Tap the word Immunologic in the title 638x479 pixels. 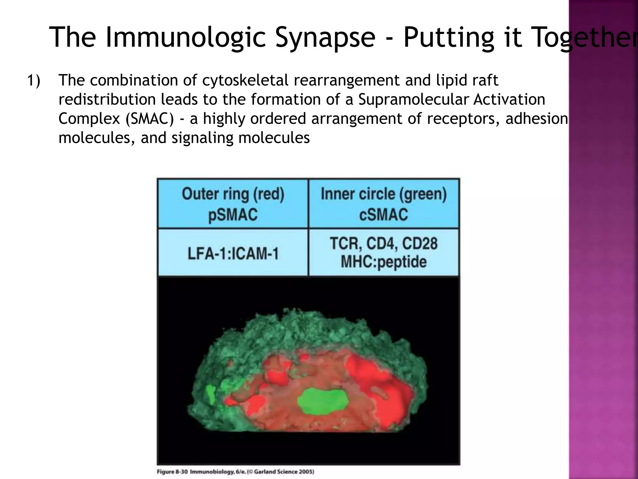click(186, 38)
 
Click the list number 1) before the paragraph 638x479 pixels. click(34, 80)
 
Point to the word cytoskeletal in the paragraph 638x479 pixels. click(245, 80)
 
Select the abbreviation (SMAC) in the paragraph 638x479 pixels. click(150, 119)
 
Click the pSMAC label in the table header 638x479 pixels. click(233, 215)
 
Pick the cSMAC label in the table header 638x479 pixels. click(383, 215)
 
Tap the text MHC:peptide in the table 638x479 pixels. click(383, 262)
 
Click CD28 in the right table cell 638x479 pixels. click(420, 244)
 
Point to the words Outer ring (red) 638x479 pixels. click(233, 194)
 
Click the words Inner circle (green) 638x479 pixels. click(383, 194)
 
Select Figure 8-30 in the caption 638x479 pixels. click(172, 472)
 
